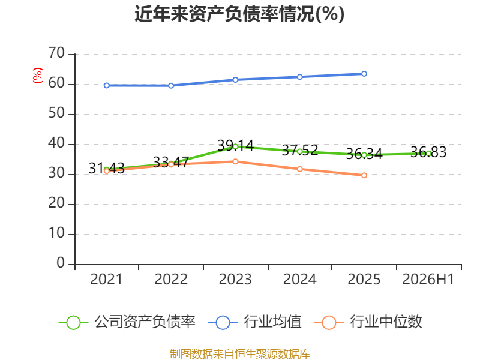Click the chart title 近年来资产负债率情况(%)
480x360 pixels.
239,14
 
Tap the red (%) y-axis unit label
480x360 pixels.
37,76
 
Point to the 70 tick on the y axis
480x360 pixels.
56,53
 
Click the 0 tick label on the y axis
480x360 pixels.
61,263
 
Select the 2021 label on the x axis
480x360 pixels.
106,279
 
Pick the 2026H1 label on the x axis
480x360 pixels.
428,279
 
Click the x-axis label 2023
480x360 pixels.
235,279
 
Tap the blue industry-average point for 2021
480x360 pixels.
107,85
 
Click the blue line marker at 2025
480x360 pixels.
364,74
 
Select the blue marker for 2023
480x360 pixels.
235,80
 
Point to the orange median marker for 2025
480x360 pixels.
364,175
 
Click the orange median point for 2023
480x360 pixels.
235,161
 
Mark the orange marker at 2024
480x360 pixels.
299,169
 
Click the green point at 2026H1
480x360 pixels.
428,154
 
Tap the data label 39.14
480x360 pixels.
235,145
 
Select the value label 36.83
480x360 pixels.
428,152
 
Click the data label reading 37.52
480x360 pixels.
299,151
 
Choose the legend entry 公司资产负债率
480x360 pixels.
127,322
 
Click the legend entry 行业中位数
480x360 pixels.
368,322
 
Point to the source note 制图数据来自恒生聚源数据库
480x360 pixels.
239,354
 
